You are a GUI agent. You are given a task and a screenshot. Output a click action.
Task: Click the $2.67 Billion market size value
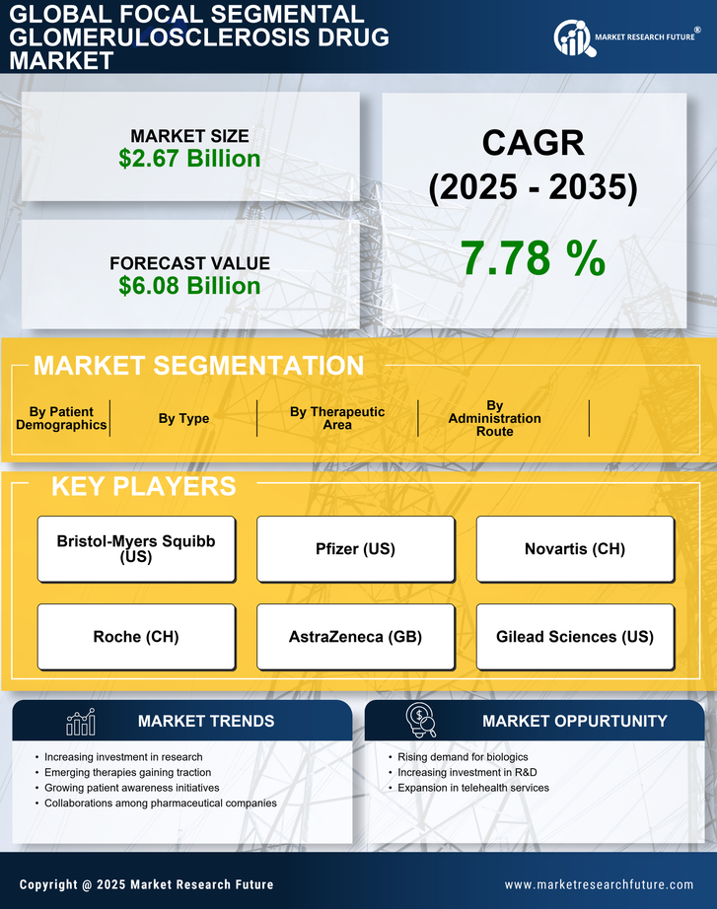click(x=189, y=159)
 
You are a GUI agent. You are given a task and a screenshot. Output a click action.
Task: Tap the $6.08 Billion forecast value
click(x=189, y=286)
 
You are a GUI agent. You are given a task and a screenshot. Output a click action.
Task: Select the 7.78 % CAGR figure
click(x=533, y=258)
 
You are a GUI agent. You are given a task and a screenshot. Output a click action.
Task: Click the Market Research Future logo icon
click(x=572, y=37)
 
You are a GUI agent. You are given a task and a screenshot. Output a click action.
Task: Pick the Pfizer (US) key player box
click(x=355, y=549)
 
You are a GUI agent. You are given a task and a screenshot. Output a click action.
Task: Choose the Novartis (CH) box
click(x=575, y=549)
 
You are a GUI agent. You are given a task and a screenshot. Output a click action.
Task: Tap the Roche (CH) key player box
click(x=136, y=637)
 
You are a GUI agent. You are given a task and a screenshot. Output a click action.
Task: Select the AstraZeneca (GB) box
click(x=355, y=637)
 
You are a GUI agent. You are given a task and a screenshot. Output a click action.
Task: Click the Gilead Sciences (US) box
click(x=575, y=637)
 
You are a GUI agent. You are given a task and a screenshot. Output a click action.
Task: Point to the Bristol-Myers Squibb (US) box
click(x=136, y=549)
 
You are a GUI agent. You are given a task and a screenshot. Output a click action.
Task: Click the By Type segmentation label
click(x=183, y=418)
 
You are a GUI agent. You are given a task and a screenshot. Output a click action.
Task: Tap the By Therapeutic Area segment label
click(x=337, y=418)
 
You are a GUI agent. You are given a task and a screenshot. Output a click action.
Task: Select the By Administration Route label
click(x=494, y=418)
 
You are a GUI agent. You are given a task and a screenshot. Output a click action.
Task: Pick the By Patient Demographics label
click(x=61, y=418)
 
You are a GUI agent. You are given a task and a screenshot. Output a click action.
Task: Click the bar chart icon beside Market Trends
click(x=80, y=723)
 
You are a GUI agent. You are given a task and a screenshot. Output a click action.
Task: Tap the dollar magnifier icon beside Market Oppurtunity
click(x=420, y=722)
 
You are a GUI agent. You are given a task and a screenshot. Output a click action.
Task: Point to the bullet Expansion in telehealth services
click(x=473, y=788)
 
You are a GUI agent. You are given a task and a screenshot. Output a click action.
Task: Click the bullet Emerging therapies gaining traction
click(x=127, y=772)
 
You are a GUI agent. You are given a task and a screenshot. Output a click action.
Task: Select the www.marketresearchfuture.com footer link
click(x=599, y=884)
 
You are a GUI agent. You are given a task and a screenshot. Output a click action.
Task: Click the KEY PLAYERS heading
click(x=143, y=486)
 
